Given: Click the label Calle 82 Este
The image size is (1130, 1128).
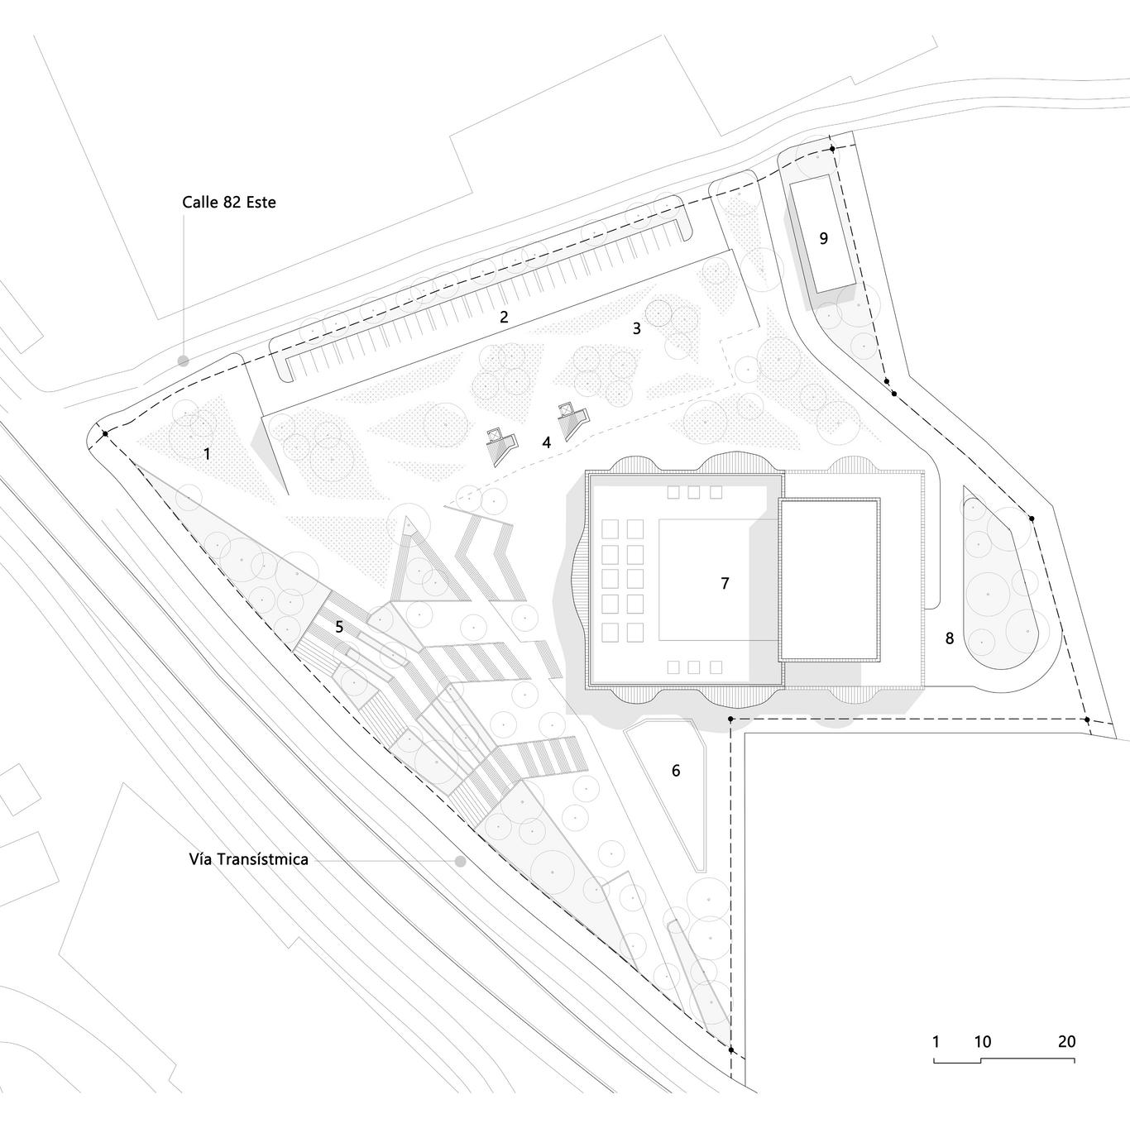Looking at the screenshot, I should click(229, 202).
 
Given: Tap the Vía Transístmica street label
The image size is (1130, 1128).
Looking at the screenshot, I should click(248, 859).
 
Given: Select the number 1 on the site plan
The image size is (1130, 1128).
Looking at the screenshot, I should click(207, 454).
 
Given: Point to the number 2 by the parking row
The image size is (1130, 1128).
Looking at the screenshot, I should click(504, 316).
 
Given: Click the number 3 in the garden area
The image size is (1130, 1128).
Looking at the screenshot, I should click(636, 328).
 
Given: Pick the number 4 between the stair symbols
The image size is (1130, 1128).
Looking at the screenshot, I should click(546, 442).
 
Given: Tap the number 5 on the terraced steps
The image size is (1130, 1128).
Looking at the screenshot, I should click(339, 627).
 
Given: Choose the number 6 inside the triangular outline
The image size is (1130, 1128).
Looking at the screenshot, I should click(676, 771).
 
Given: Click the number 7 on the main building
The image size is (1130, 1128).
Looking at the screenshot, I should click(725, 583).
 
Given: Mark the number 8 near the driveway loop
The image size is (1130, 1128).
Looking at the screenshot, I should click(949, 638).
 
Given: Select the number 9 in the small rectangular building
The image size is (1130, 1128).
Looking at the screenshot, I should click(823, 238).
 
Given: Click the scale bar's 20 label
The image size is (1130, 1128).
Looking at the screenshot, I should click(1066, 1042).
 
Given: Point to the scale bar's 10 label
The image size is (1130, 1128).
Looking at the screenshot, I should click(982, 1042).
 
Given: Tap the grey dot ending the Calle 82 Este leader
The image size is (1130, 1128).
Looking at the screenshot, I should click(183, 361).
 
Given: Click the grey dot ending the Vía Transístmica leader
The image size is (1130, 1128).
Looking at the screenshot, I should click(460, 861).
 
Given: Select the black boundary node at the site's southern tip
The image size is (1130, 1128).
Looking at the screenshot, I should click(731, 1049).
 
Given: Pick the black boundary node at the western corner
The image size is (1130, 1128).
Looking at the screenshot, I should click(105, 433).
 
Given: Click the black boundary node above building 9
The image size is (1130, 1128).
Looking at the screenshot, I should click(833, 150).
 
